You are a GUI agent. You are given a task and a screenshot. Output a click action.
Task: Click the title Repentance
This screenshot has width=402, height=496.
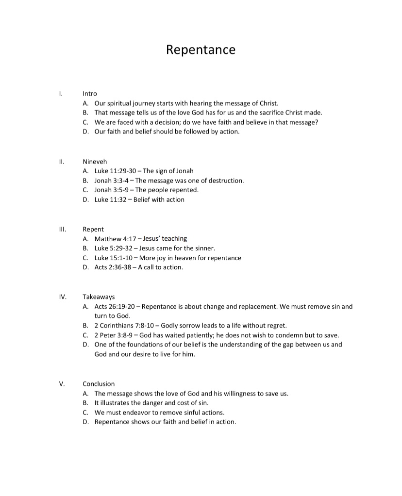pos(201,50)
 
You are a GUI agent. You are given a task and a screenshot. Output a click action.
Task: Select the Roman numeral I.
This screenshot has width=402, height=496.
pos(60,94)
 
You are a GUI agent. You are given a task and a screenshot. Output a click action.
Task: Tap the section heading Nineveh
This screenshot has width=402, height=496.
pos(95,162)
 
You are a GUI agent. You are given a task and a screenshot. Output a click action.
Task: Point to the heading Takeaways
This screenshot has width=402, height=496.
pos(99,297)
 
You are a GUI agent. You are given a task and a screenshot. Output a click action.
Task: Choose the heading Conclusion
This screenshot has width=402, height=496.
pos(99,384)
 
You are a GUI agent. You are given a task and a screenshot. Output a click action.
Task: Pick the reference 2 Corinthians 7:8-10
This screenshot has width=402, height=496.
pos(125,326)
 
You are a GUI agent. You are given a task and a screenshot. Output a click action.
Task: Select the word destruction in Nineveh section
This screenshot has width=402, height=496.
pos(225,181)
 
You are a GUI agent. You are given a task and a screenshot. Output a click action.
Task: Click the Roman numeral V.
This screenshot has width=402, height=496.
pos(62,384)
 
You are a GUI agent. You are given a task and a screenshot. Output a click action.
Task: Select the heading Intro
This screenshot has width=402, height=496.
pos(90,94)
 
